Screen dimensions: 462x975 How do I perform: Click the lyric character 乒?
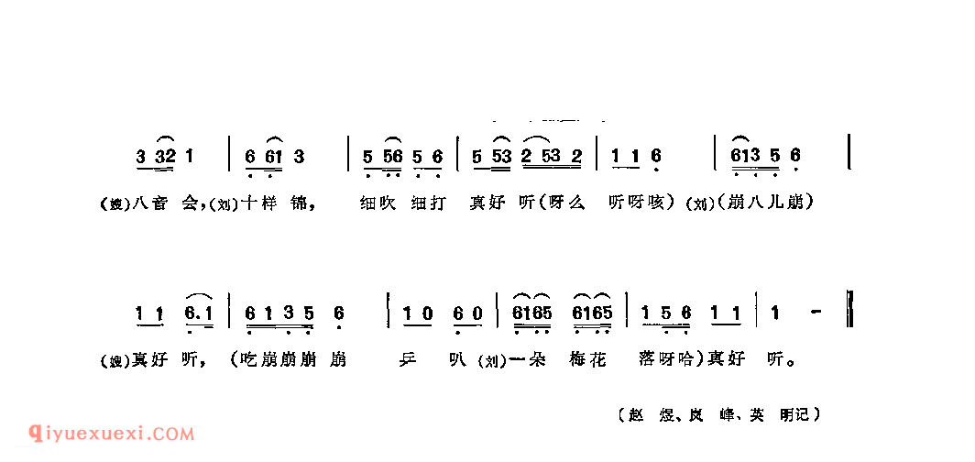414,360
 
